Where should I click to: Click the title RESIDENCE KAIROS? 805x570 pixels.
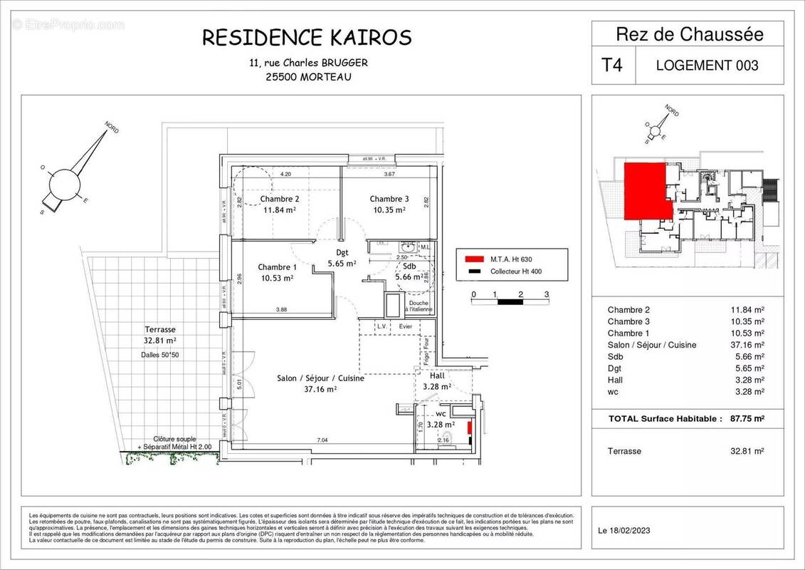pyautogui.click(x=307, y=37)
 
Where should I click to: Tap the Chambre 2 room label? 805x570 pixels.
pyautogui.click(x=279, y=199)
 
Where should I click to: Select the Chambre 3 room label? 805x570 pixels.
pyautogui.click(x=389, y=199)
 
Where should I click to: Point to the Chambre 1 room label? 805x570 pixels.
pyautogui.click(x=277, y=266)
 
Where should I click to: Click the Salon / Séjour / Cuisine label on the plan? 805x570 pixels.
pyautogui.click(x=320, y=378)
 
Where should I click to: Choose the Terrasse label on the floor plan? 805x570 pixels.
pyautogui.click(x=159, y=330)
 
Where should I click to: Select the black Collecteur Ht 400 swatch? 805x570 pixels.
pyautogui.click(x=473, y=271)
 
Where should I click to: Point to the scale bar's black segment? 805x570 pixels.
pyautogui.click(x=509, y=302)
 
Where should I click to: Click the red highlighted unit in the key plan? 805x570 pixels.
pyautogui.click(x=646, y=189)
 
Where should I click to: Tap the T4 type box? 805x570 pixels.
pyautogui.click(x=612, y=65)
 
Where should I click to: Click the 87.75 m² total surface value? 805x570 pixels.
pyautogui.click(x=747, y=419)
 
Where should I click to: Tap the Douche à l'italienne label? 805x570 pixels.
pyautogui.click(x=419, y=307)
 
